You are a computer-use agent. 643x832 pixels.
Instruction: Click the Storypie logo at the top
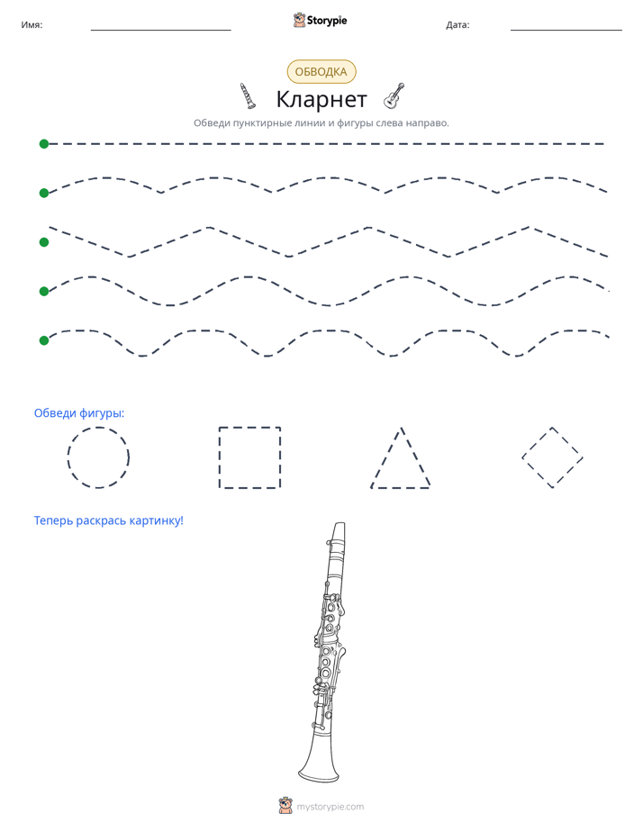tap(320, 20)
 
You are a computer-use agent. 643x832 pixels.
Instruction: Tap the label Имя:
tap(32, 24)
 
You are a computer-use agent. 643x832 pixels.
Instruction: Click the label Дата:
tap(457, 24)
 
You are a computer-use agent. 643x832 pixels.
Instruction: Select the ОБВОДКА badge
tap(321, 72)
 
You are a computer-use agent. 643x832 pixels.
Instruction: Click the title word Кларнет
tap(321, 99)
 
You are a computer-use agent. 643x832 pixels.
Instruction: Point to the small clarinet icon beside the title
tap(248, 95)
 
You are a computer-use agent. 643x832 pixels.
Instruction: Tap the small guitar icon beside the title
tap(394, 95)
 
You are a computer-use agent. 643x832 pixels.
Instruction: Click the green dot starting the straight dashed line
tap(44, 144)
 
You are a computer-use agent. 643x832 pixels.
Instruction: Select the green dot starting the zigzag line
tap(44, 242)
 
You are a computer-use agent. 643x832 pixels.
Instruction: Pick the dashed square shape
tap(220, 457)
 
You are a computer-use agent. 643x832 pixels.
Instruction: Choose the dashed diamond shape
tap(537, 442)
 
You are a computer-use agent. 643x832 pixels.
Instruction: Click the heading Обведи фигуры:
tap(79, 412)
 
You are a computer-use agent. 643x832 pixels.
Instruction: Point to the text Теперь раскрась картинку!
tap(109, 520)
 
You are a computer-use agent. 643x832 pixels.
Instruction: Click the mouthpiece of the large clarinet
tap(338, 532)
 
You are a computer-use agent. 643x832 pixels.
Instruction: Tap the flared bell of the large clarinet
tap(320, 760)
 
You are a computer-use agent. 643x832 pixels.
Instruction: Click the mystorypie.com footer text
tap(330, 807)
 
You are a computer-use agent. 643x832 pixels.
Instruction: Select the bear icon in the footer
tap(285, 805)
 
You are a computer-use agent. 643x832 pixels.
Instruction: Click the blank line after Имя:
tap(160, 31)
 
